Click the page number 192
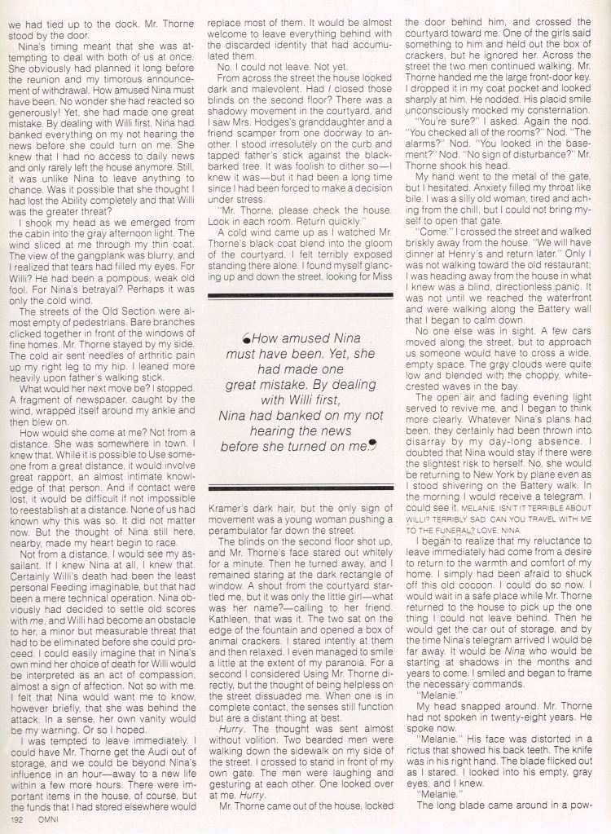[16, 819]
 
